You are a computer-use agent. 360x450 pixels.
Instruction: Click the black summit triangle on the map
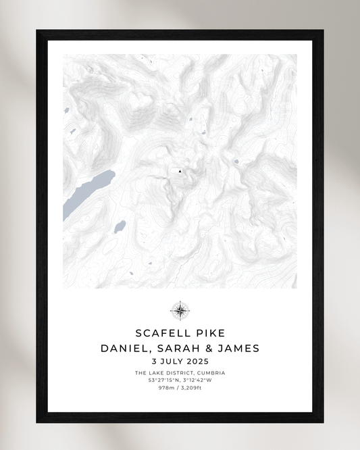pyautogui.click(x=180, y=172)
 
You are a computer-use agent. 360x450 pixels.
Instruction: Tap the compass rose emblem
pyautogui.click(x=180, y=311)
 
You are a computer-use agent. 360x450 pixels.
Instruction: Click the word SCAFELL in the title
pyautogui.click(x=160, y=333)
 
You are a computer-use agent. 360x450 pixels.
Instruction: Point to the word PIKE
pyautogui.click(x=208, y=333)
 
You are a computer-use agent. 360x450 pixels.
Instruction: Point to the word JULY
pyautogui.click(x=173, y=362)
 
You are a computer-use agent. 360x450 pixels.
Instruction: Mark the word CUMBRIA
pyautogui.click(x=210, y=373)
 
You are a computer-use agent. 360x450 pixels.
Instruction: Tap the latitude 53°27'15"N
pyautogui.click(x=163, y=380)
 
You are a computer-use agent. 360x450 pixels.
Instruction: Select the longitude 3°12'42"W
pyautogui.click(x=198, y=380)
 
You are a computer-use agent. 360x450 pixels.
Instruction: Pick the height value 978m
pyautogui.click(x=166, y=388)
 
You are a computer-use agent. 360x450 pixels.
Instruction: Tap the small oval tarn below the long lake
pyautogui.click(x=120, y=225)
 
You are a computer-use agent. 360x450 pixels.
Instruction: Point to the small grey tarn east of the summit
pyautogui.click(x=236, y=161)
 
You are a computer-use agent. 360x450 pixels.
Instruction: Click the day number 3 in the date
pyautogui.click(x=155, y=362)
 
